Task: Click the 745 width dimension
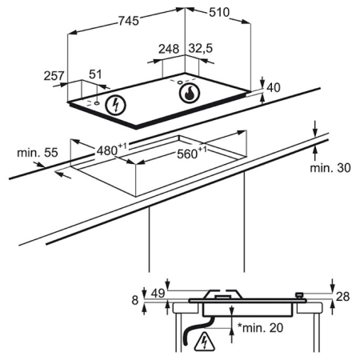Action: coord(129,21)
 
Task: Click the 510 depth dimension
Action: coord(219,12)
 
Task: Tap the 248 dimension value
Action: coord(169,49)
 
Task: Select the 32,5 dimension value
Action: coord(201,49)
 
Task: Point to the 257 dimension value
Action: coord(54,76)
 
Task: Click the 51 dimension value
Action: coord(95,74)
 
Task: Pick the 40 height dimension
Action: coord(274,88)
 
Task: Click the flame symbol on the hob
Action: coord(190,93)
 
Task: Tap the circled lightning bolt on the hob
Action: coord(115,105)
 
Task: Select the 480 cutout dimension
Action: coord(111,150)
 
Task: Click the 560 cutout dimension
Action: coord(192,153)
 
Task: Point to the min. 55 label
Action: coord(38,153)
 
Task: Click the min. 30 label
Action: coord(330,168)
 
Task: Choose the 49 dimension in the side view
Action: coord(158,294)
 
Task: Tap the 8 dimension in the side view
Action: coord(135,300)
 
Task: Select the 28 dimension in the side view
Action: coord(342,296)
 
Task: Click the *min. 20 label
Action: coord(260,328)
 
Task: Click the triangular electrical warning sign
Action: coord(205,342)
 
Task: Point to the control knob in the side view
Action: coord(300,295)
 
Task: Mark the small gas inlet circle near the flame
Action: coord(180,82)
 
